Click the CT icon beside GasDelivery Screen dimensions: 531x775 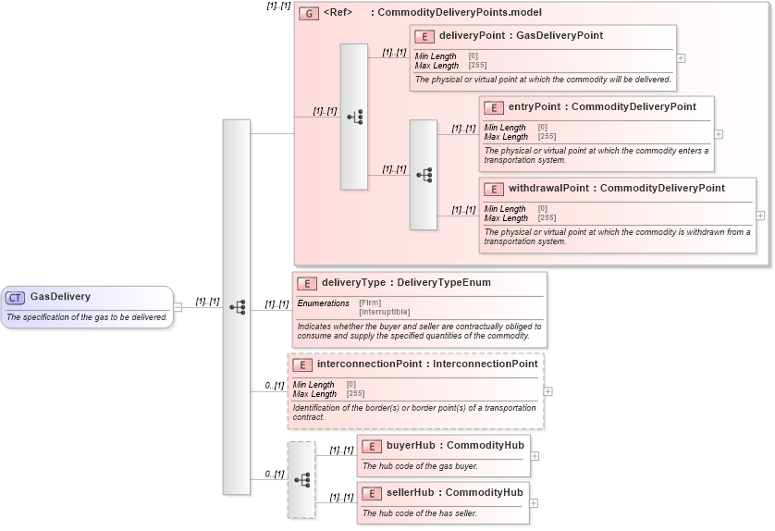[16, 297]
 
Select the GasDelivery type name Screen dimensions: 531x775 [60, 297]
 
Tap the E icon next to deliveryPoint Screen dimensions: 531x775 [424, 36]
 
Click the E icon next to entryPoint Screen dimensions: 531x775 [494, 107]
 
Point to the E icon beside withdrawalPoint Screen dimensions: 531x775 [494, 189]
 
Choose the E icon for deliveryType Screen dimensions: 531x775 [307, 283]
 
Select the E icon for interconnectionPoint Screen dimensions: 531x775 [302, 364]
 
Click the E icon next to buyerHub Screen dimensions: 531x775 [372, 446]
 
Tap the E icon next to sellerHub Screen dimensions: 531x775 [372, 493]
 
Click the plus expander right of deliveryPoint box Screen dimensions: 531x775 [682, 57]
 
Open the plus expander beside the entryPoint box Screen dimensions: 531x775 [719, 134]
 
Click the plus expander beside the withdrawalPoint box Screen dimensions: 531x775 [760, 216]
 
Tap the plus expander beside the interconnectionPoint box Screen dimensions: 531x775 [548, 391]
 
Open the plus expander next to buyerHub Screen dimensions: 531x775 [535, 456]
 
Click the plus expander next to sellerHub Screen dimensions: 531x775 [534, 503]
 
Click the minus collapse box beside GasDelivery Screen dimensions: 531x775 [178, 307]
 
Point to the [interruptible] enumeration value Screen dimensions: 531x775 [384, 312]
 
